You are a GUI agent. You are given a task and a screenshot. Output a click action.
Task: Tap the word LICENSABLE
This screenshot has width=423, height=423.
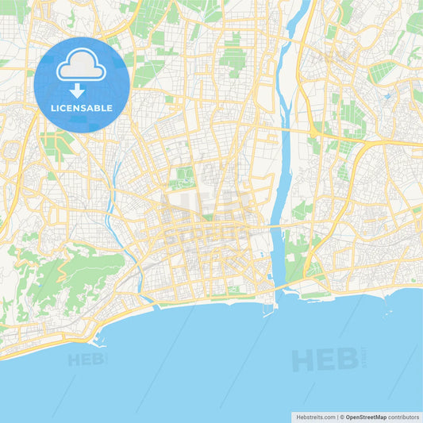[x=82, y=107]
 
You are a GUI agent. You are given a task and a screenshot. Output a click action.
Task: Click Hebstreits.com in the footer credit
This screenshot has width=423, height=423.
[x=317, y=417]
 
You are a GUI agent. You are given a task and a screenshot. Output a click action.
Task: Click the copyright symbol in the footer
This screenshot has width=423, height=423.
[x=342, y=417]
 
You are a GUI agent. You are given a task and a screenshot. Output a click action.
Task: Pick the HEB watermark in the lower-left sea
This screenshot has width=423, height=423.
[x=87, y=360]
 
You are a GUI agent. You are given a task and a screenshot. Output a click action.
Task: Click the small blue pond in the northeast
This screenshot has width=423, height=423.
[x=386, y=96]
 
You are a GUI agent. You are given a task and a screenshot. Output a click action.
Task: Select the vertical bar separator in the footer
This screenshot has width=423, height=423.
[x=338, y=417]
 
